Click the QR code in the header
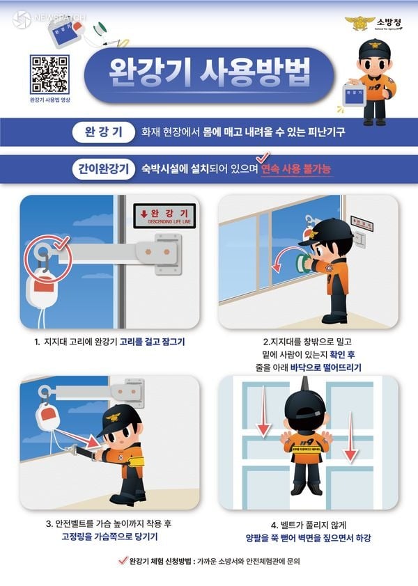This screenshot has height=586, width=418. click(49, 74)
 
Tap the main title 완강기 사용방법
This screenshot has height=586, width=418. click(208, 72)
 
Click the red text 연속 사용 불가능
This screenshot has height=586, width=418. click(295, 169)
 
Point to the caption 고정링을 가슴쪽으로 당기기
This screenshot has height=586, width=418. click(109, 537)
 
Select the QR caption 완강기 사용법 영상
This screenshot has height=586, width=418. click(50, 100)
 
